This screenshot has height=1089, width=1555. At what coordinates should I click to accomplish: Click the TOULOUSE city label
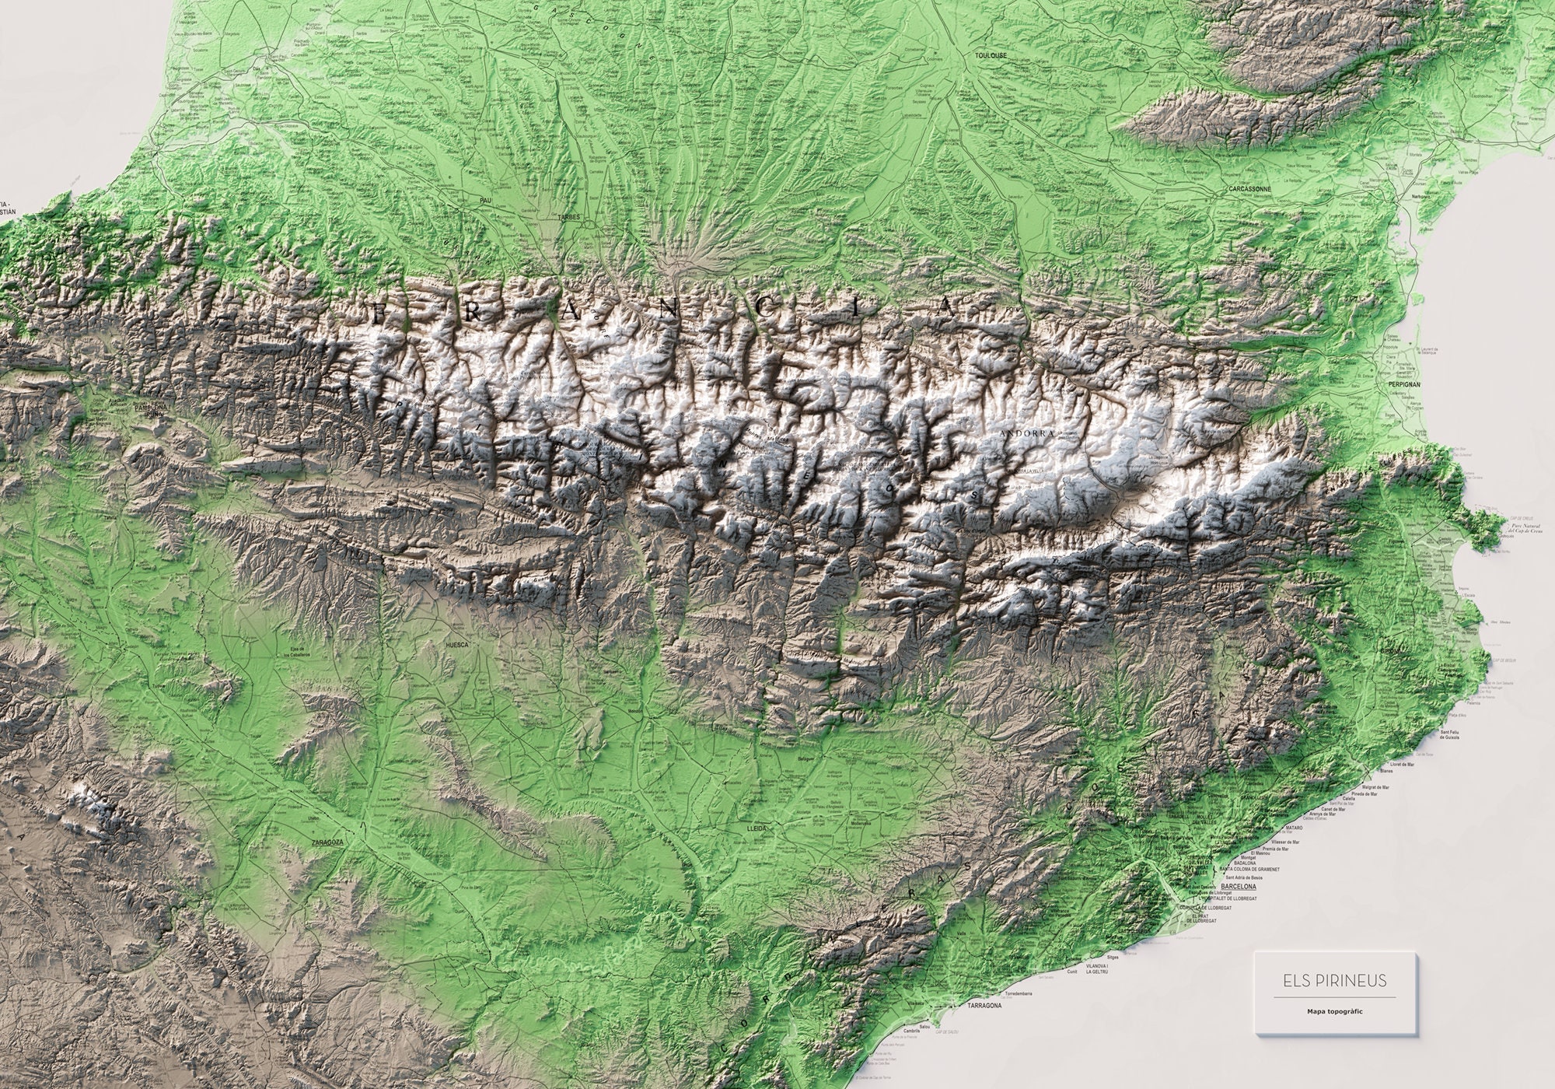click(991, 56)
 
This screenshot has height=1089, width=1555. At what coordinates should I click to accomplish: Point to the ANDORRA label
click(1028, 433)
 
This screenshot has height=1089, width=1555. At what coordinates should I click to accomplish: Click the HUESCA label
click(456, 645)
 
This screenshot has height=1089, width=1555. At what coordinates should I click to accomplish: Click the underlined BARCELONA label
click(1239, 886)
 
